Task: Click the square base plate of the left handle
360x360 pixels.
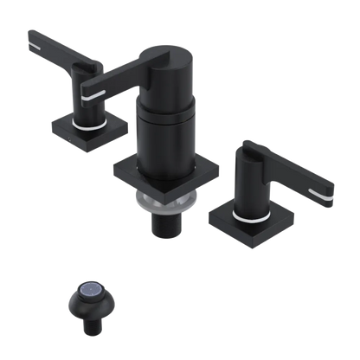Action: pyautogui.click(x=72, y=130)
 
